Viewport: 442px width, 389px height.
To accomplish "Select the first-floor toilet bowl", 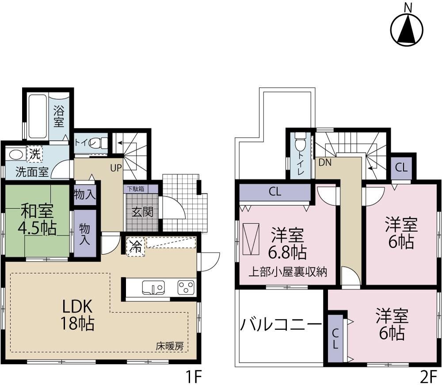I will click(x=103, y=143).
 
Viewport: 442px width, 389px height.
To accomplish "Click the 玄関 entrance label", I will click(x=142, y=212).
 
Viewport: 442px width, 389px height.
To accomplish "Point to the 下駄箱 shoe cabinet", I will click(x=135, y=189).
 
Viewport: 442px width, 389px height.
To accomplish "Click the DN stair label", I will click(x=324, y=162).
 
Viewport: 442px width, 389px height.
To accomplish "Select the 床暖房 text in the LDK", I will click(x=169, y=347).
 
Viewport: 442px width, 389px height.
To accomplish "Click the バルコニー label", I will click(x=281, y=326).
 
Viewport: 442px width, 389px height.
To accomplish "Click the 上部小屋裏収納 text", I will click(x=287, y=272).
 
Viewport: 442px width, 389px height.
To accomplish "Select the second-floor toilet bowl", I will click(x=301, y=144).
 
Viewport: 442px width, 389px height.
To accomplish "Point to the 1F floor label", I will click(x=193, y=378).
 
